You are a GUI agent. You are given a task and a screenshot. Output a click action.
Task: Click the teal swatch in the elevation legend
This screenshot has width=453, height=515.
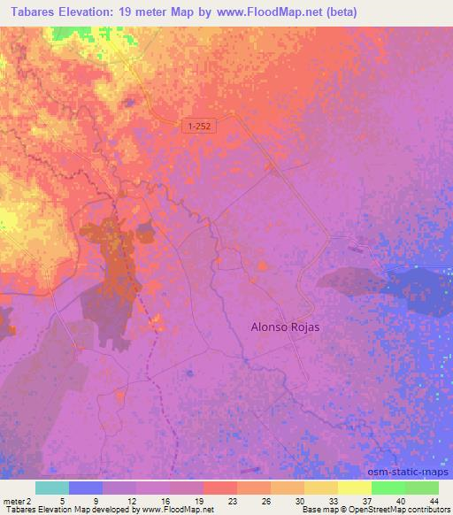pyautogui.click(x=52, y=488)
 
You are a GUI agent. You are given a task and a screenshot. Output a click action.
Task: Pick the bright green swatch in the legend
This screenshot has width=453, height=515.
pyautogui.click(x=388, y=488)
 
